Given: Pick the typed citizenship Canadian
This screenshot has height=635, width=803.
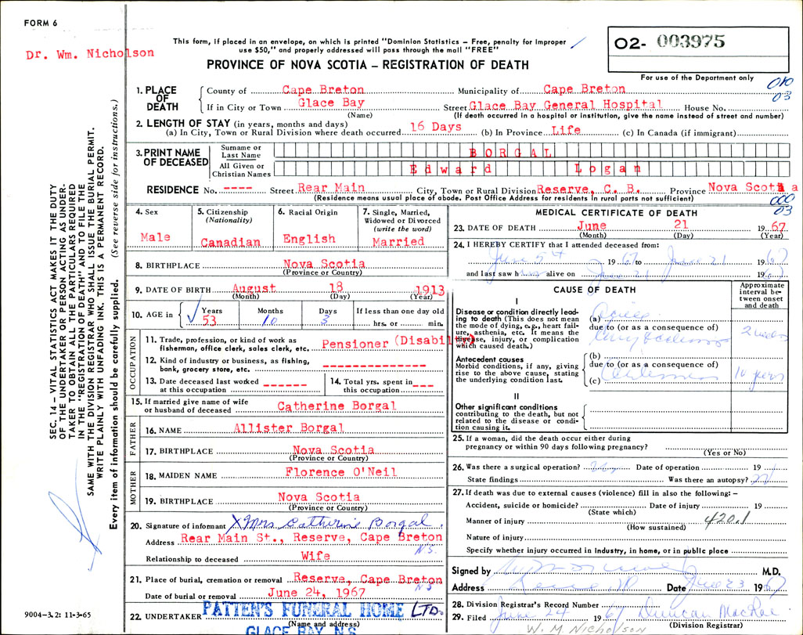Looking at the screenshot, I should [230, 242].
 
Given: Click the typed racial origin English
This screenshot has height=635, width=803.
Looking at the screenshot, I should [306, 239].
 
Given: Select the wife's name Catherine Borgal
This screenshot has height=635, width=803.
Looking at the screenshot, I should [326, 406].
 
